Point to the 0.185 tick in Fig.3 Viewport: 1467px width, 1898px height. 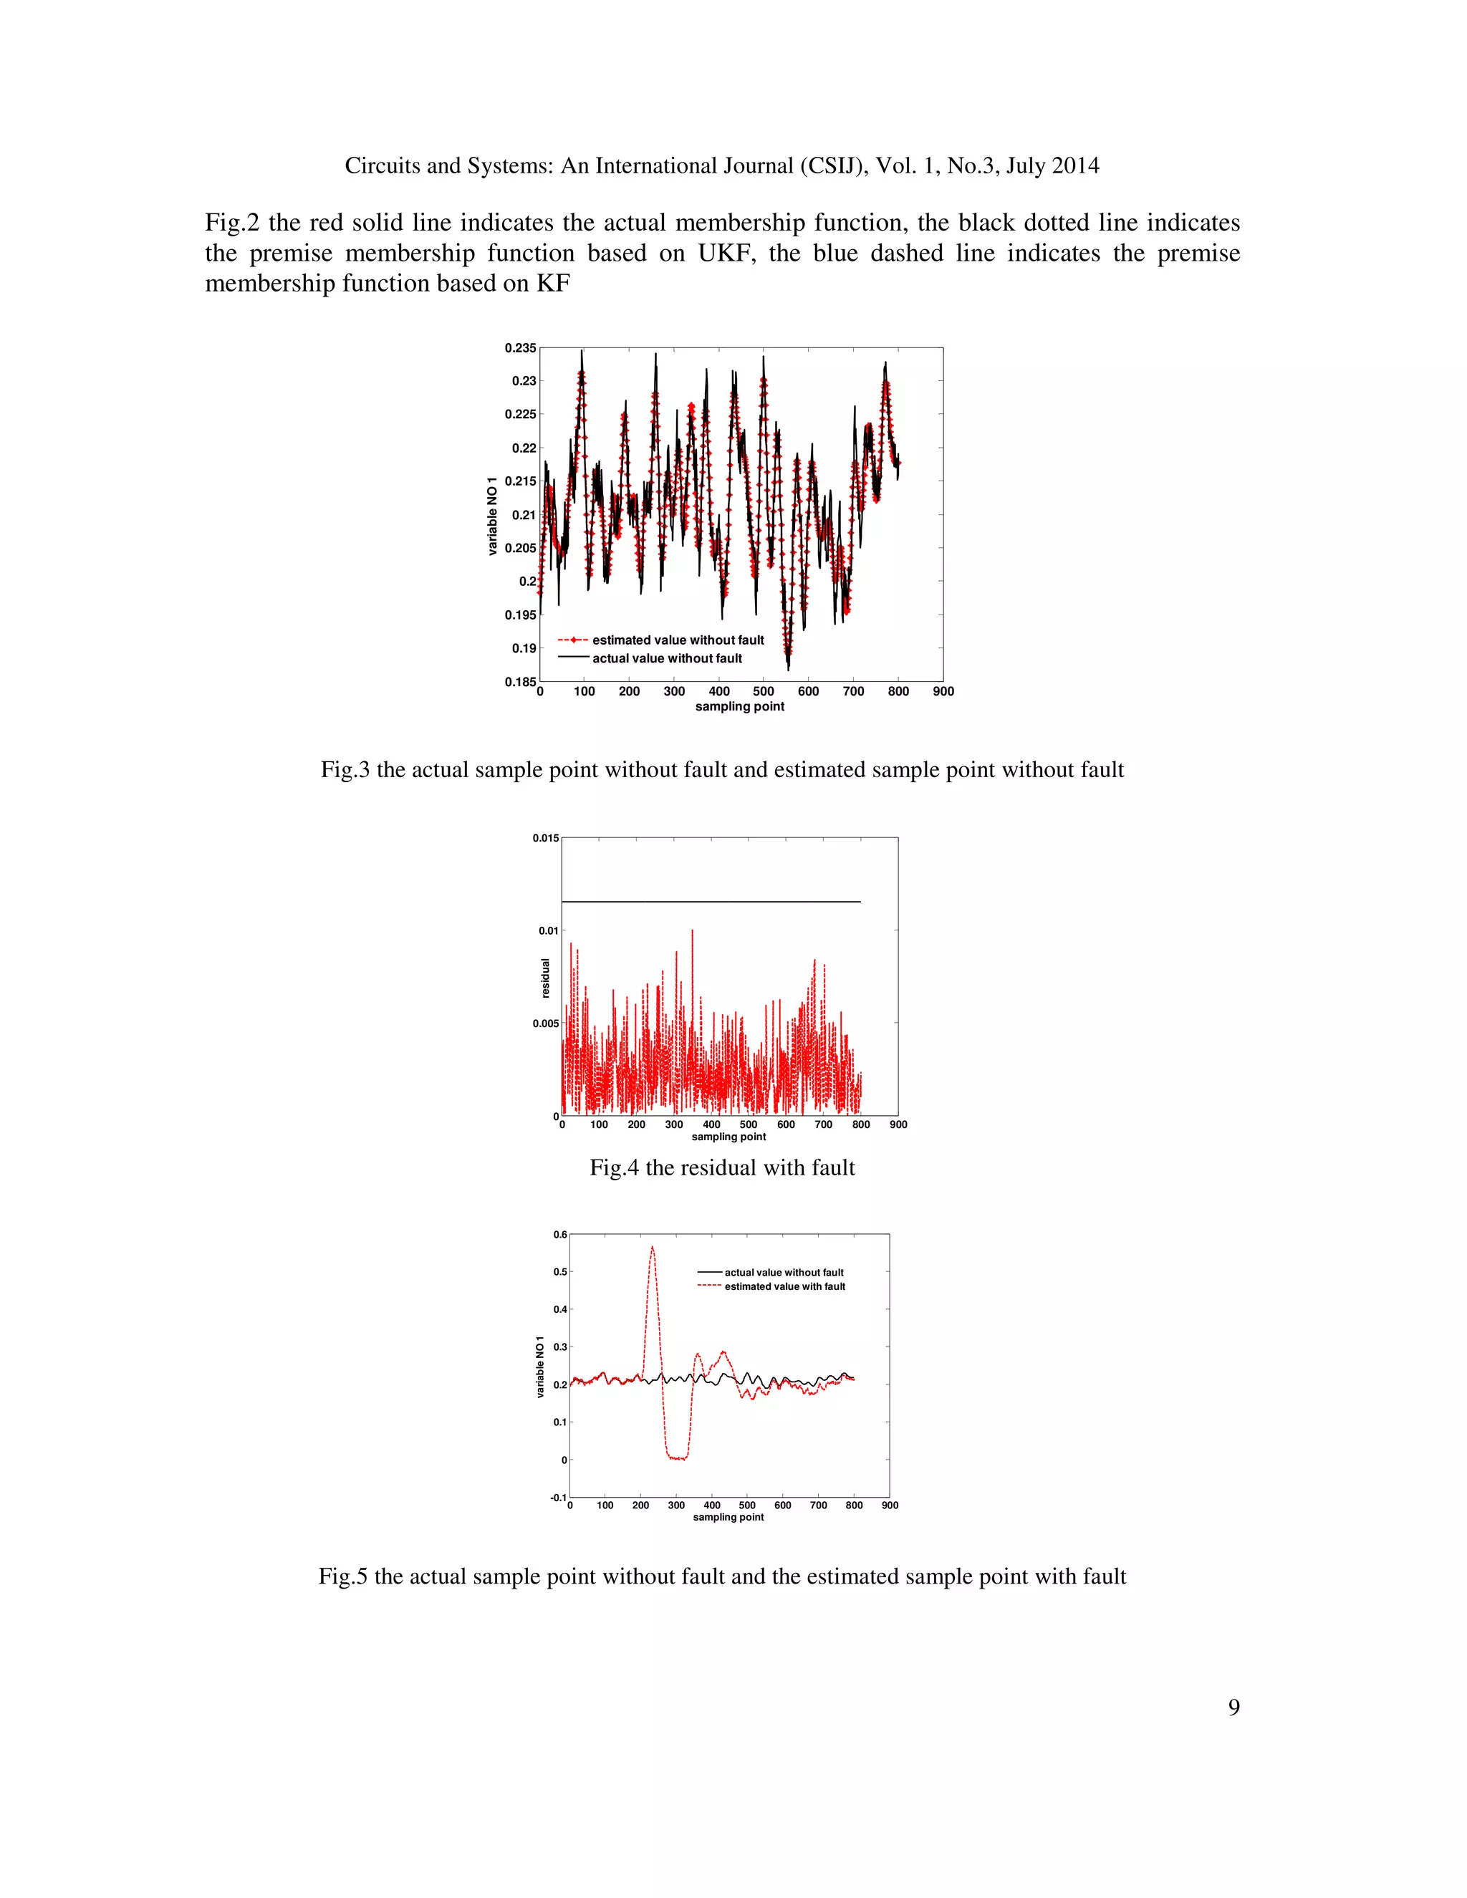[x=521, y=681]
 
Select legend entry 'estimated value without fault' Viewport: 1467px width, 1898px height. [x=678, y=640]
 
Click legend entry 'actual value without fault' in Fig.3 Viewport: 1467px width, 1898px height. [x=667, y=658]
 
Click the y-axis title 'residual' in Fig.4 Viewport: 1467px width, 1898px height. [x=546, y=978]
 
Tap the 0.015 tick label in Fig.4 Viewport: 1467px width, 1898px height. [x=546, y=838]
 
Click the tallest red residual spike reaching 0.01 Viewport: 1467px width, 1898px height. [x=692, y=933]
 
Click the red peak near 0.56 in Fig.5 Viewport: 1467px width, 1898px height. [x=652, y=1248]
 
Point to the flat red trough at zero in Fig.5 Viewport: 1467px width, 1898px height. [x=677, y=1458]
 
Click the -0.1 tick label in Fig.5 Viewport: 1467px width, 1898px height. [x=558, y=1498]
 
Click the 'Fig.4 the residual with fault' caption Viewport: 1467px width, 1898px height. [x=722, y=1167]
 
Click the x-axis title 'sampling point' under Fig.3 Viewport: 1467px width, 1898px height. [x=739, y=706]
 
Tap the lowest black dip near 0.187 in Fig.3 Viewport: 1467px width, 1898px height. [x=788, y=668]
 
